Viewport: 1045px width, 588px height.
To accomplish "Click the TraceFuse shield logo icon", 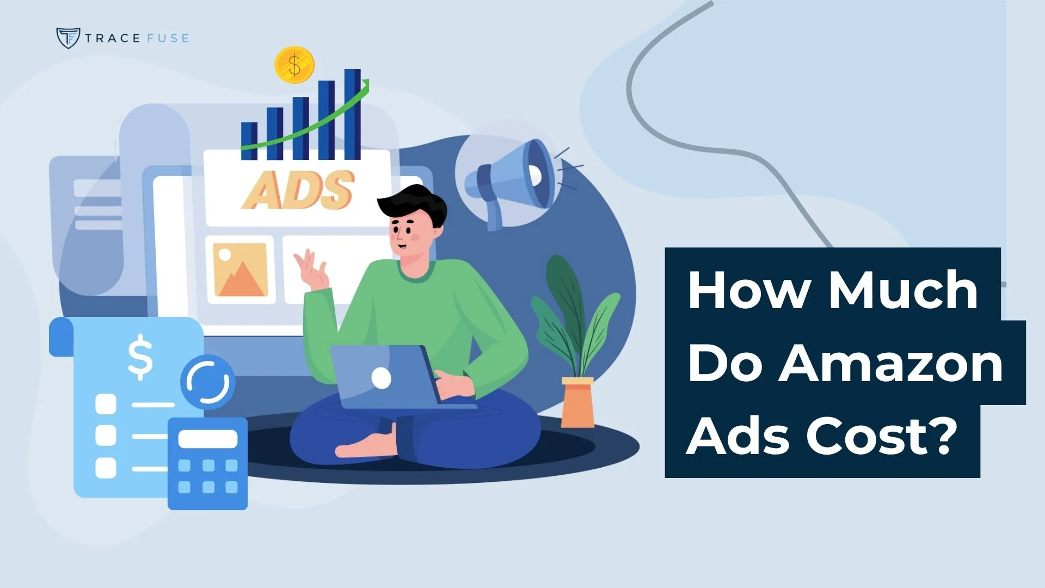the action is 68,38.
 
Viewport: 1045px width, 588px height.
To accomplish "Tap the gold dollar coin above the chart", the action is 294,65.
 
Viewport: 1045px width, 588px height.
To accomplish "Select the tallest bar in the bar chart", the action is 353,114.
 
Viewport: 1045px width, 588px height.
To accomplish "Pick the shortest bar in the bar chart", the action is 249,141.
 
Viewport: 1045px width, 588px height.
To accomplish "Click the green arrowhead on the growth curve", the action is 365,84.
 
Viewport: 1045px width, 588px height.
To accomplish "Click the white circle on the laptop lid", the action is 381,377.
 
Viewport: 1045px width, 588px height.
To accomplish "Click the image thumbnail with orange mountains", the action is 240,269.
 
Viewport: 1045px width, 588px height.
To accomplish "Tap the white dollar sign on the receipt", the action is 140,357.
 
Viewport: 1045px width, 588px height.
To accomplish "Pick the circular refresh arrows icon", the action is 208,382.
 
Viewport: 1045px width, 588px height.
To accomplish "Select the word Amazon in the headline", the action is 891,363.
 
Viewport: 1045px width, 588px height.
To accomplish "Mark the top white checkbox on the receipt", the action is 106,404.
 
